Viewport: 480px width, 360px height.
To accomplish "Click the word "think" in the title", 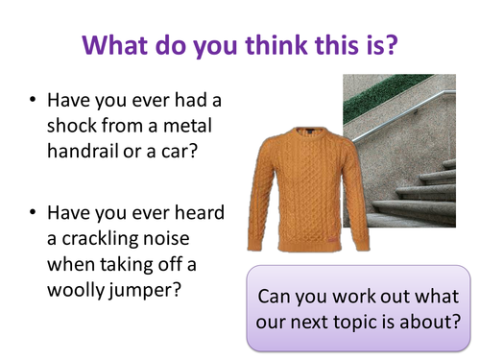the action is (x=276, y=45).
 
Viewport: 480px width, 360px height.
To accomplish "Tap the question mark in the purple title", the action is (x=391, y=45).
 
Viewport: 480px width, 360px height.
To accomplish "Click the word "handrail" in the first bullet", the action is (x=83, y=151).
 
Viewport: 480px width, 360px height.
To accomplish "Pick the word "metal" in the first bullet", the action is (x=187, y=125).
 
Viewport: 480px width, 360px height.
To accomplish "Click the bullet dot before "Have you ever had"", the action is (x=33, y=100).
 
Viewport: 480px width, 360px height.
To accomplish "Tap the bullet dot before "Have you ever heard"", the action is (x=33, y=212).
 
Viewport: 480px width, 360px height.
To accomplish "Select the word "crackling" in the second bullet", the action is (x=100, y=239).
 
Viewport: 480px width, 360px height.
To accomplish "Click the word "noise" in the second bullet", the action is (x=166, y=239).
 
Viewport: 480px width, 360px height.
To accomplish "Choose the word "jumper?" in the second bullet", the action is (x=145, y=291).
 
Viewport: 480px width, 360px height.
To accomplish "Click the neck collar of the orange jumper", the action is (x=310, y=132).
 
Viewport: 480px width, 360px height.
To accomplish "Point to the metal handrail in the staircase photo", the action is (x=404, y=116).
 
